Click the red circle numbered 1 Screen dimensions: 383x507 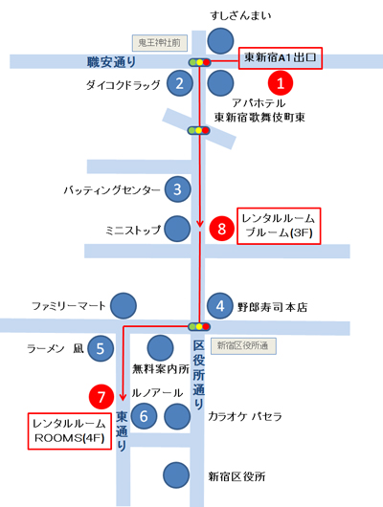tap(281, 83)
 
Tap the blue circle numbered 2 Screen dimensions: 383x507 tap(180, 83)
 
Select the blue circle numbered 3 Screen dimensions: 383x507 tap(177, 189)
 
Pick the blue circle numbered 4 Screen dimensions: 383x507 tap(220, 305)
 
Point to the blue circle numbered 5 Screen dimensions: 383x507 tap(101, 348)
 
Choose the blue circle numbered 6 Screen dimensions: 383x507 tap(144, 416)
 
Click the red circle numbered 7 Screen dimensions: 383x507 tap(101, 396)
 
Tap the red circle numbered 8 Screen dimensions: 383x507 tap(222, 229)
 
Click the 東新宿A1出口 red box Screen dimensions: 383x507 tap(281, 58)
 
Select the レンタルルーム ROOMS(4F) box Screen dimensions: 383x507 tap(70, 431)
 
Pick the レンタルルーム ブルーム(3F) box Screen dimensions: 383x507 tap(279, 226)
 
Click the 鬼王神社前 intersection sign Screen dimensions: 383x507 tap(160, 43)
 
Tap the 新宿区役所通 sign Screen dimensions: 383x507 tap(243, 346)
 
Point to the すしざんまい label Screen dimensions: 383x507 tap(240, 15)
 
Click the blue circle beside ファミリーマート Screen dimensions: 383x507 tap(124, 305)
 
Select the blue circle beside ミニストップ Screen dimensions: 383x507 tap(177, 229)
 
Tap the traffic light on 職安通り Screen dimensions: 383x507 tap(200, 62)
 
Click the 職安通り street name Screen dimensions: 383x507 tap(111, 62)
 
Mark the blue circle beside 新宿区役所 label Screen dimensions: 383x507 tap(176, 475)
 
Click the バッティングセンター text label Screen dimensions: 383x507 tap(112, 189)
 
